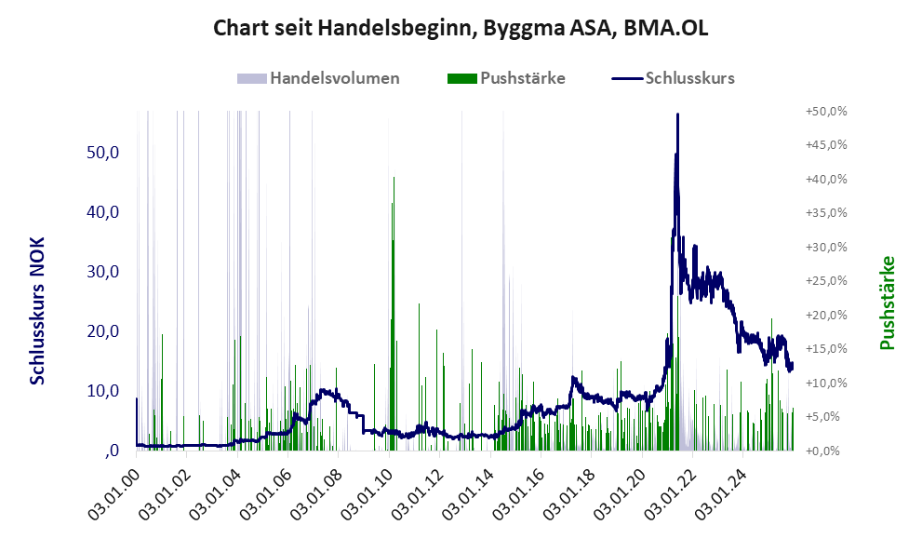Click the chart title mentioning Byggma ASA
click(x=461, y=28)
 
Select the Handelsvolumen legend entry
click(x=334, y=78)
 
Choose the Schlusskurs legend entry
click(x=689, y=78)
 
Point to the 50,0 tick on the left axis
click(x=103, y=152)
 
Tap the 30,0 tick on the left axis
click(x=103, y=272)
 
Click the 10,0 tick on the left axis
click(x=103, y=391)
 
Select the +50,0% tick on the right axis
click(x=826, y=111)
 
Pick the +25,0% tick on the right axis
click(x=826, y=280)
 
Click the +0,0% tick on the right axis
click(x=826, y=451)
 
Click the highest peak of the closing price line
click(x=677, y=114)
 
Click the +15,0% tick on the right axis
click(x=826, y=348)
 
